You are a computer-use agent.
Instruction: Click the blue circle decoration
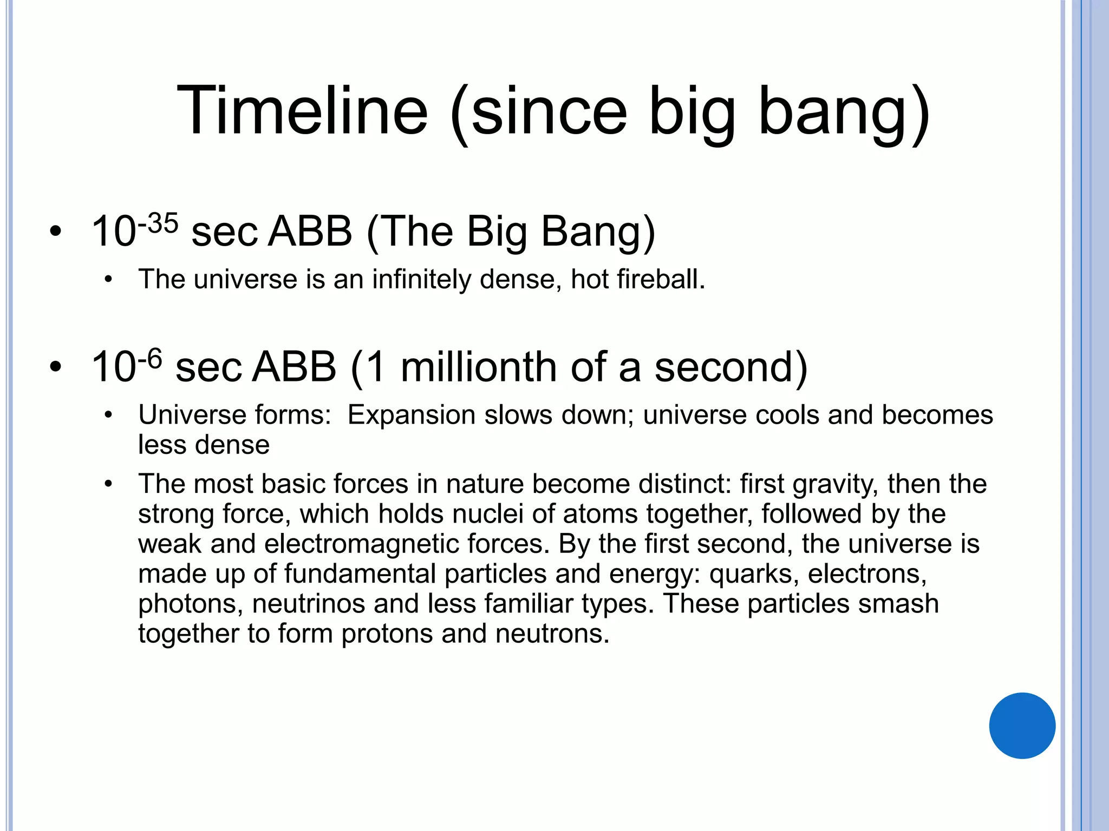(x=1022, y=726)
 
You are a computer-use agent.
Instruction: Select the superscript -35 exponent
(x=158, y=223)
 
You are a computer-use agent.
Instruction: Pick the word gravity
(x=836, y=484)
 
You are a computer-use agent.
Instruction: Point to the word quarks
(x=754, y=573)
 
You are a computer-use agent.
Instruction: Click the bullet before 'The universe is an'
(x=108, y=280)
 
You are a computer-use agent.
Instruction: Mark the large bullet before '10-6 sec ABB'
(x=55, y=367)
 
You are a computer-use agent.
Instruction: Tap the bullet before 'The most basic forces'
(x=108, y=484)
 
